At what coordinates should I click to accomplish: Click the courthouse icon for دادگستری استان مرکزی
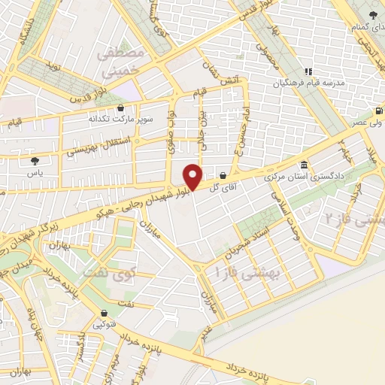coord(304,165)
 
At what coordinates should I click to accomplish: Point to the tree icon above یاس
coord(35,159)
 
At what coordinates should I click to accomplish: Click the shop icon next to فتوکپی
coord(103,314)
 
